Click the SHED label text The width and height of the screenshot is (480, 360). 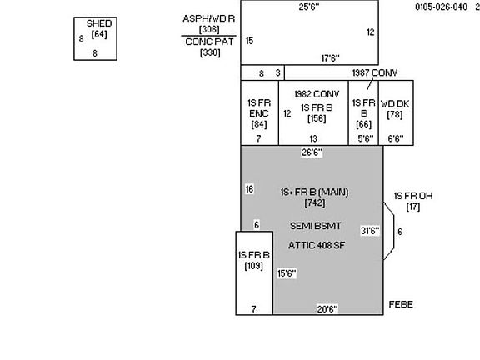99,23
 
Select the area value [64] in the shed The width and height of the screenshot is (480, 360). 99,34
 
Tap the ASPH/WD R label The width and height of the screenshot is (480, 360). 209,18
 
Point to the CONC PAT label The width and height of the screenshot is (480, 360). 209,42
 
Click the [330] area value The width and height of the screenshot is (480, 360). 210,52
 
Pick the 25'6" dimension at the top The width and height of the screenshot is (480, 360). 309,7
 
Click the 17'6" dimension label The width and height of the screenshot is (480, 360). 330,57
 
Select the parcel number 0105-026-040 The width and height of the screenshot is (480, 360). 441,7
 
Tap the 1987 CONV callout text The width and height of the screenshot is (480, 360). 375,72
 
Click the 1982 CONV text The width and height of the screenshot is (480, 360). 317,94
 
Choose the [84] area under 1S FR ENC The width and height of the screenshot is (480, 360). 259,124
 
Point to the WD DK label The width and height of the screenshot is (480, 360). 395,104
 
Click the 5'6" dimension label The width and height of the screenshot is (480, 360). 366,138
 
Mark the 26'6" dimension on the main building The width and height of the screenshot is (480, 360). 312,152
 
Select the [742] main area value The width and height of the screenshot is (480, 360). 315,202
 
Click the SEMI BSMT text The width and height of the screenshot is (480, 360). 315,226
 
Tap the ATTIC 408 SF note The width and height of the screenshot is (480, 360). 317,245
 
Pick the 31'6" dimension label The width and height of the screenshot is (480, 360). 370,231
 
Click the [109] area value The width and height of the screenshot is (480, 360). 254,266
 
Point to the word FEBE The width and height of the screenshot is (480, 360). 401,304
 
